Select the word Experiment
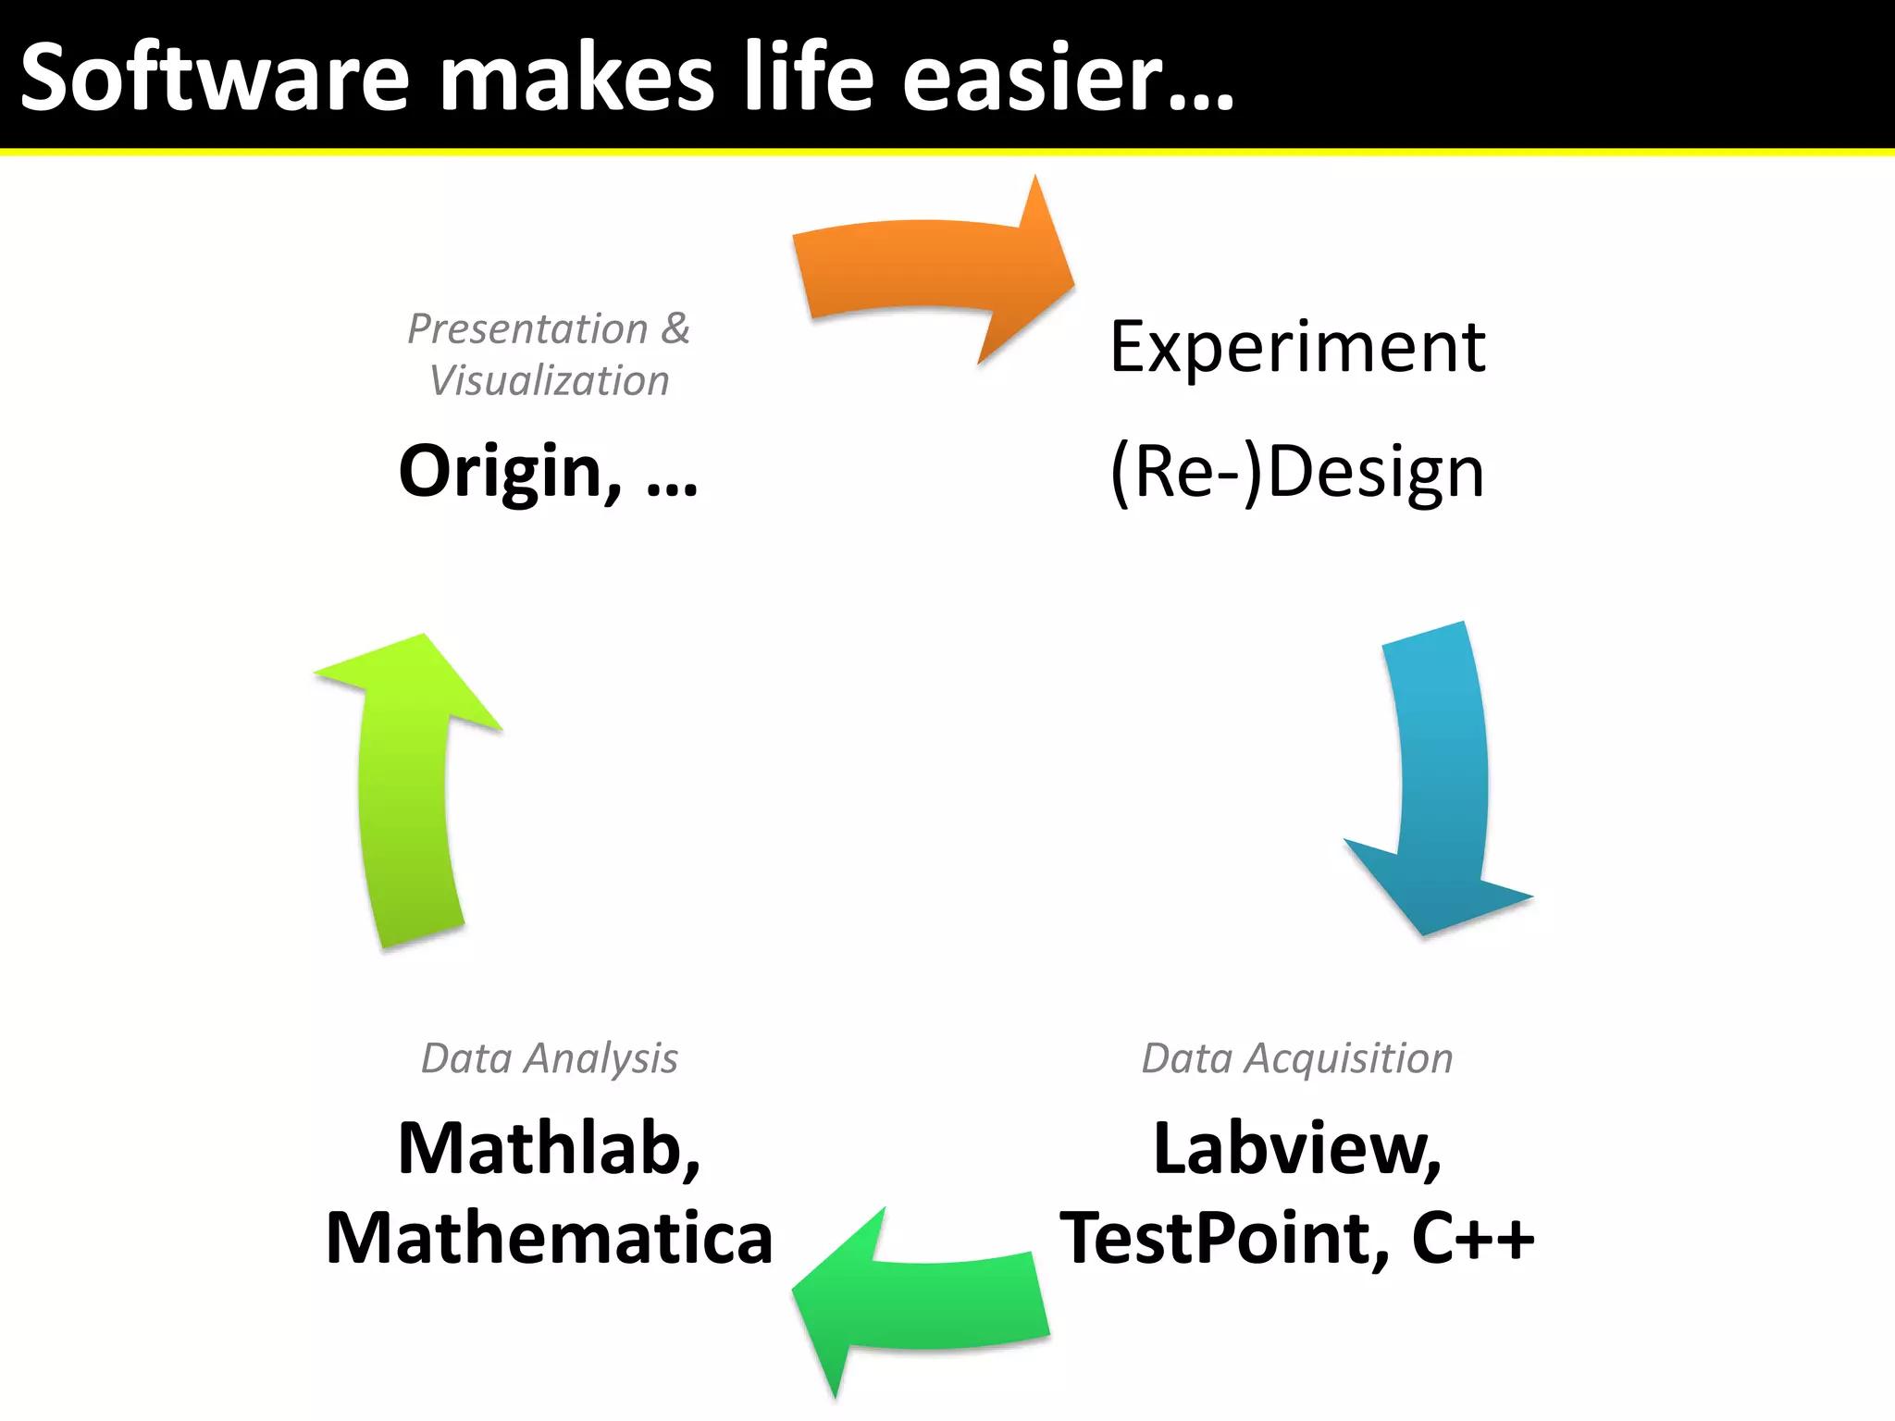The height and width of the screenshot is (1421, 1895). click(1297, 347)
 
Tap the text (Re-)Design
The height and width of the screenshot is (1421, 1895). click(1297, 472)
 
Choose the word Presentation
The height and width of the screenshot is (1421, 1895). click(527, 329)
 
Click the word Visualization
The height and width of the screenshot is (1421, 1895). click(549, 381)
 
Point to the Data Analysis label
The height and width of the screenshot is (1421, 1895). click(549, 1058)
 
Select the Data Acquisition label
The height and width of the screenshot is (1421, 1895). click(1297, 1058)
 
